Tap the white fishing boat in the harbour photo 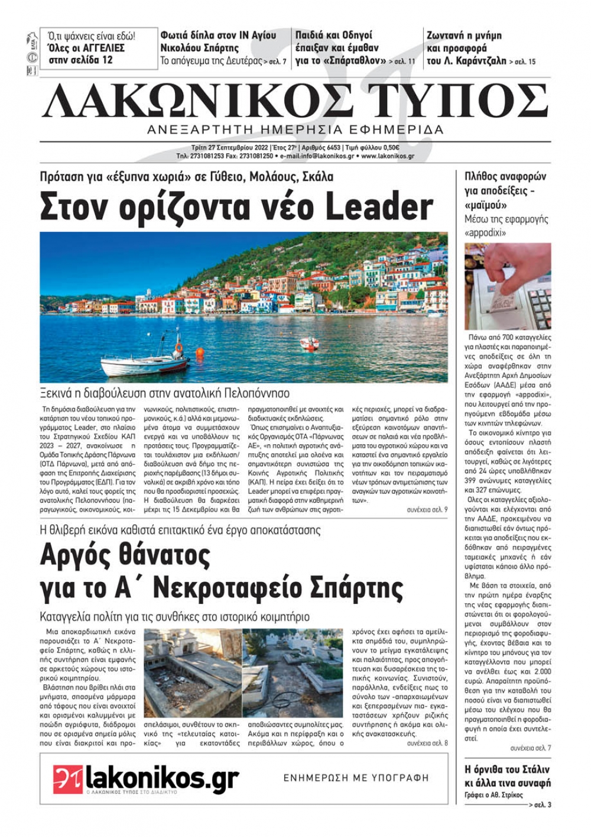pyautogui.click(x=145, y=361)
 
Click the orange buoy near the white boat pyautogui.click(x=200, y=352)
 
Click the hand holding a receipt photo pyautogui.click(x=508, y=286)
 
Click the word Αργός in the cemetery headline pyautogui.click(x=74, y=556)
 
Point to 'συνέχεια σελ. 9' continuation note pyautogui.click(x=427, y=509)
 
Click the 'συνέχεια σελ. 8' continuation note pyautogui.click(x=427, y=743)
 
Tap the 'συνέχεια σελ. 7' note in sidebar pyautogui.click(x=530, y=748)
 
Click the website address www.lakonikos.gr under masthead pyautogui.click(x=387, y=156)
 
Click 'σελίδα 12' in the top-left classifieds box pyautogui.click(x=91, y=60)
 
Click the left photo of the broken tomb pyautogui.click(x=191, y=673)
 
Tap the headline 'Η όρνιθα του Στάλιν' pyautogui.click(x=508, y=769)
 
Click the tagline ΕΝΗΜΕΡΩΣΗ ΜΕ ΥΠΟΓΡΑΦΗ pyautogui.click(x=356, y=778)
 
